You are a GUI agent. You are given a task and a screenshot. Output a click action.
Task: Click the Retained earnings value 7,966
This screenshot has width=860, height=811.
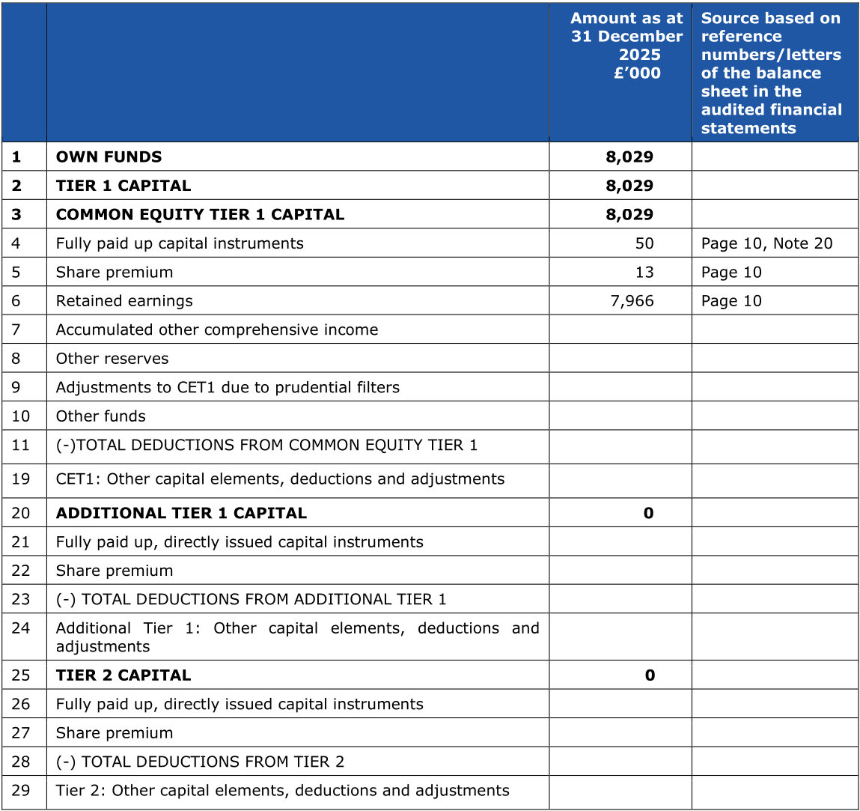pos(632,301)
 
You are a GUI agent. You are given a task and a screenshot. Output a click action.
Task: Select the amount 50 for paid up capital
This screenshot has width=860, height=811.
pos(644,243)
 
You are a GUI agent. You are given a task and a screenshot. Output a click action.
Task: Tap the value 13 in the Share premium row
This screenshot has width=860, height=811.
pos(644,273)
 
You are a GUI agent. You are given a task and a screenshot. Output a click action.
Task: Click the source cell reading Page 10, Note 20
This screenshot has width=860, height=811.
pos(766,243)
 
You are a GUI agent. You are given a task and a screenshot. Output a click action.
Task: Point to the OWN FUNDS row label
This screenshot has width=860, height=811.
pos(109,157)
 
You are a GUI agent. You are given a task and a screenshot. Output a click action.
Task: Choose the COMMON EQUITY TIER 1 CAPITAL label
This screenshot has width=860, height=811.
pos(200,215)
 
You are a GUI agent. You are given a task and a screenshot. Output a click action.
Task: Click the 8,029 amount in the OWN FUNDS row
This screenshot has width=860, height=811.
pos(629,157)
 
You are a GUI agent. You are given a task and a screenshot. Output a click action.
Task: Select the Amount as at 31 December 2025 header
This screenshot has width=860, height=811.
pos(626,46)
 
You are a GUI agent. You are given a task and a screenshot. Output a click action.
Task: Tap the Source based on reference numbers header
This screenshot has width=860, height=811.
pos(771,73)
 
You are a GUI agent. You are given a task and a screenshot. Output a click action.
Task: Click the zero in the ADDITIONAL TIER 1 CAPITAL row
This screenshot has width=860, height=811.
pos(648,514)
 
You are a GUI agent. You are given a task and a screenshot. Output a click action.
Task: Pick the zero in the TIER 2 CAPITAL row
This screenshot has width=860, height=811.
pos(650,675)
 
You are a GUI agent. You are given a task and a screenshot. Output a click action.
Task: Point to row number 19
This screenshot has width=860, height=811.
pos(21,479)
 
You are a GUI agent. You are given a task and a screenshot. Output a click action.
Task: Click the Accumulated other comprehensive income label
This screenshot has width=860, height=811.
pos(216,330)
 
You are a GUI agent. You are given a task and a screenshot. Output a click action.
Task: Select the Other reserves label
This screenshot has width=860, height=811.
pos(112,359)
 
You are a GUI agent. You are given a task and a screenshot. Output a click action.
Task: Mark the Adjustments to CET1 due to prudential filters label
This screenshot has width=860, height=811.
pos(228,388)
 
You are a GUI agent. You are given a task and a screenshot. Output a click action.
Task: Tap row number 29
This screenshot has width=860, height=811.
pos(21,791)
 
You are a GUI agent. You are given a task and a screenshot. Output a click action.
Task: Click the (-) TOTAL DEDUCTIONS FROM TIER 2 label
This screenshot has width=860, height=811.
pos(200,762)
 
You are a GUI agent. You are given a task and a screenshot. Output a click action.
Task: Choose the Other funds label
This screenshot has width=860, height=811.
pos(100,416)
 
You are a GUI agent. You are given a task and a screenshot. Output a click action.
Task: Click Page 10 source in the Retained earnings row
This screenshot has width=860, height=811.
pos(731,301)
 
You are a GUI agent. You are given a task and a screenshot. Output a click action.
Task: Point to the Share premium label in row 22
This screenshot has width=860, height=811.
pos(114,571)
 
